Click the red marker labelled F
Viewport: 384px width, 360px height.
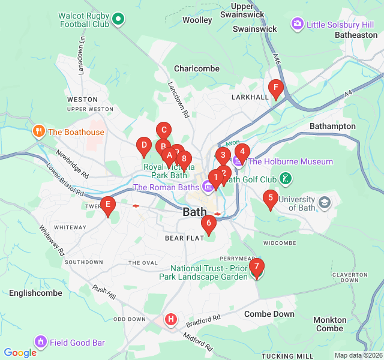click(275, 89)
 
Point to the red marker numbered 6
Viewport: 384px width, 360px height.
click(208, 224)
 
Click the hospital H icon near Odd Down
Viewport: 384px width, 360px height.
click(171, 319)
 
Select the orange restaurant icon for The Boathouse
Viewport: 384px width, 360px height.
click(39, 132)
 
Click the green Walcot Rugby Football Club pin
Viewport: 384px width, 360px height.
click(118, 19)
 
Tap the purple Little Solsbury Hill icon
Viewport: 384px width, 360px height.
click(297, 25)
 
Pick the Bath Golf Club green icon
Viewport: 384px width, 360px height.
click(286, 179)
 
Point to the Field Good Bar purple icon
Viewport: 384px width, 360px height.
click(40, 343)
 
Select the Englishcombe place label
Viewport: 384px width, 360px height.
click(35, 293)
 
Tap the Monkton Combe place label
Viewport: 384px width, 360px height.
click(330, 324)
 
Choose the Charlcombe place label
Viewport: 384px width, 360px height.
click(197, 68)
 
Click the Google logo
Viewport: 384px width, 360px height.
click(20, 353)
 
